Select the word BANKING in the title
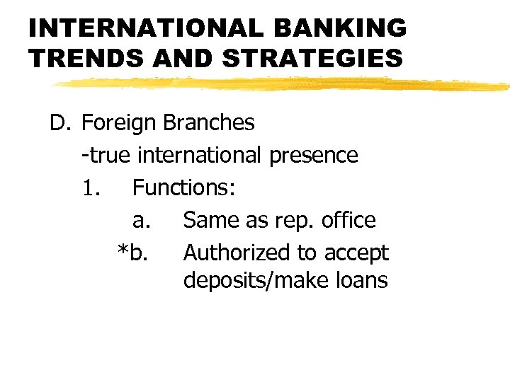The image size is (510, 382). click(347, 28)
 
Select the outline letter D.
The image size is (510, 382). click(57, 123)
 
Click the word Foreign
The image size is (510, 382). click(120, 123)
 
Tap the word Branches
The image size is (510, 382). click(208, 123)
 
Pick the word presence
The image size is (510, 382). click(314, 155)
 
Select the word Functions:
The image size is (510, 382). click(184, 187)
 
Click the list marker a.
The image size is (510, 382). click(141, 220)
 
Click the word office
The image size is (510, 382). click(348, 220)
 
